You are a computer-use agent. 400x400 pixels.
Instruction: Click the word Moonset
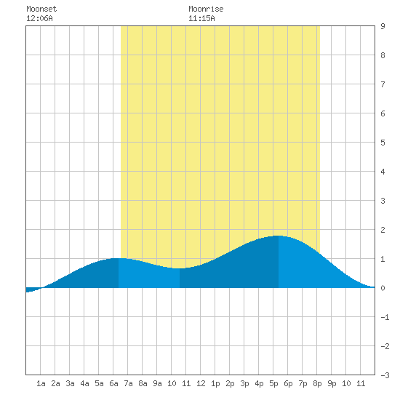(41, 9)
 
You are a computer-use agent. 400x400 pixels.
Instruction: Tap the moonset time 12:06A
(39, 18)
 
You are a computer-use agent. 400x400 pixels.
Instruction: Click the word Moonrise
(206, 9)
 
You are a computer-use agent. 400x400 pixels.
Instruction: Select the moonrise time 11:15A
(201, 18)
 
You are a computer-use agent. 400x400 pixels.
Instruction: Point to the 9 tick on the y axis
(383, 26)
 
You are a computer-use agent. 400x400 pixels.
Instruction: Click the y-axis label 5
(383, 143)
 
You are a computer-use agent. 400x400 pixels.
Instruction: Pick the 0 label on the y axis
(383, 288)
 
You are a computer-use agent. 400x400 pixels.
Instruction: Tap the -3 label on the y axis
(385, 375)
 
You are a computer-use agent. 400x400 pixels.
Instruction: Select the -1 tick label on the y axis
(385, 317)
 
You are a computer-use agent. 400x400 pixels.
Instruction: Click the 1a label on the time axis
(41, 383)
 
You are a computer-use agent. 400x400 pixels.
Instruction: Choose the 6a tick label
(113, 383)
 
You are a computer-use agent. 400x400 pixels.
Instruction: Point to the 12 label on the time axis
(201, 383)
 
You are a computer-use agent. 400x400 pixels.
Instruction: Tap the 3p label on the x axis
(244, 383)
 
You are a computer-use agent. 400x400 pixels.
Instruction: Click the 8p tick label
(317, 383)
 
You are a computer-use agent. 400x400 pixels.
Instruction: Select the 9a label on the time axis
(157, 383)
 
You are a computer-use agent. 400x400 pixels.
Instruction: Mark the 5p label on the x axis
(273, 383)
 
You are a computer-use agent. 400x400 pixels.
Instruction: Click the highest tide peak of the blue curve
(279, 236)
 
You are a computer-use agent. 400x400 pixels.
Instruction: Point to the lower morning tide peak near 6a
(119, 258)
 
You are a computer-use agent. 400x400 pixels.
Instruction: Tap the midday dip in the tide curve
(180, 268)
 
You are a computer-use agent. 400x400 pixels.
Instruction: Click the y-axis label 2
(383, 230)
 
